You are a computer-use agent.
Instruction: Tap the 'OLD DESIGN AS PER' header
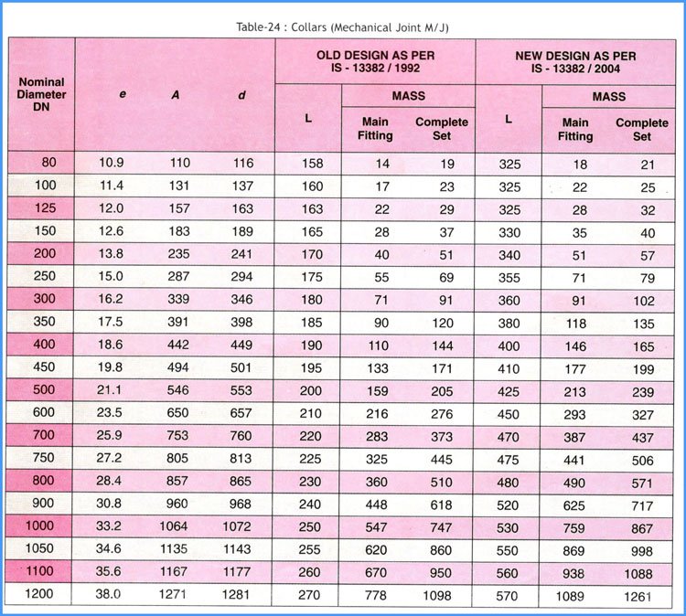tap(374, 56)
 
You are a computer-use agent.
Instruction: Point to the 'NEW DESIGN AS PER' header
tap(574, 56)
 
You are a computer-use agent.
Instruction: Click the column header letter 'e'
tap(123, 94)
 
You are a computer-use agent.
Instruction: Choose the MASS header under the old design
tap(408, 95)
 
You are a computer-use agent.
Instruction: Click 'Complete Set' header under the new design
tap(641, 129)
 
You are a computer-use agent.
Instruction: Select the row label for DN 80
tap(48, 162)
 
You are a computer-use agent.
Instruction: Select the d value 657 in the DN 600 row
tap(241, 413)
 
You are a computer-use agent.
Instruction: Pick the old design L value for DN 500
tap(311, 390)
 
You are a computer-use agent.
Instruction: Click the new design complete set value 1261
tap(639, 596)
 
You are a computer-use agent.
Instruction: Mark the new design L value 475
tap(509, 459)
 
